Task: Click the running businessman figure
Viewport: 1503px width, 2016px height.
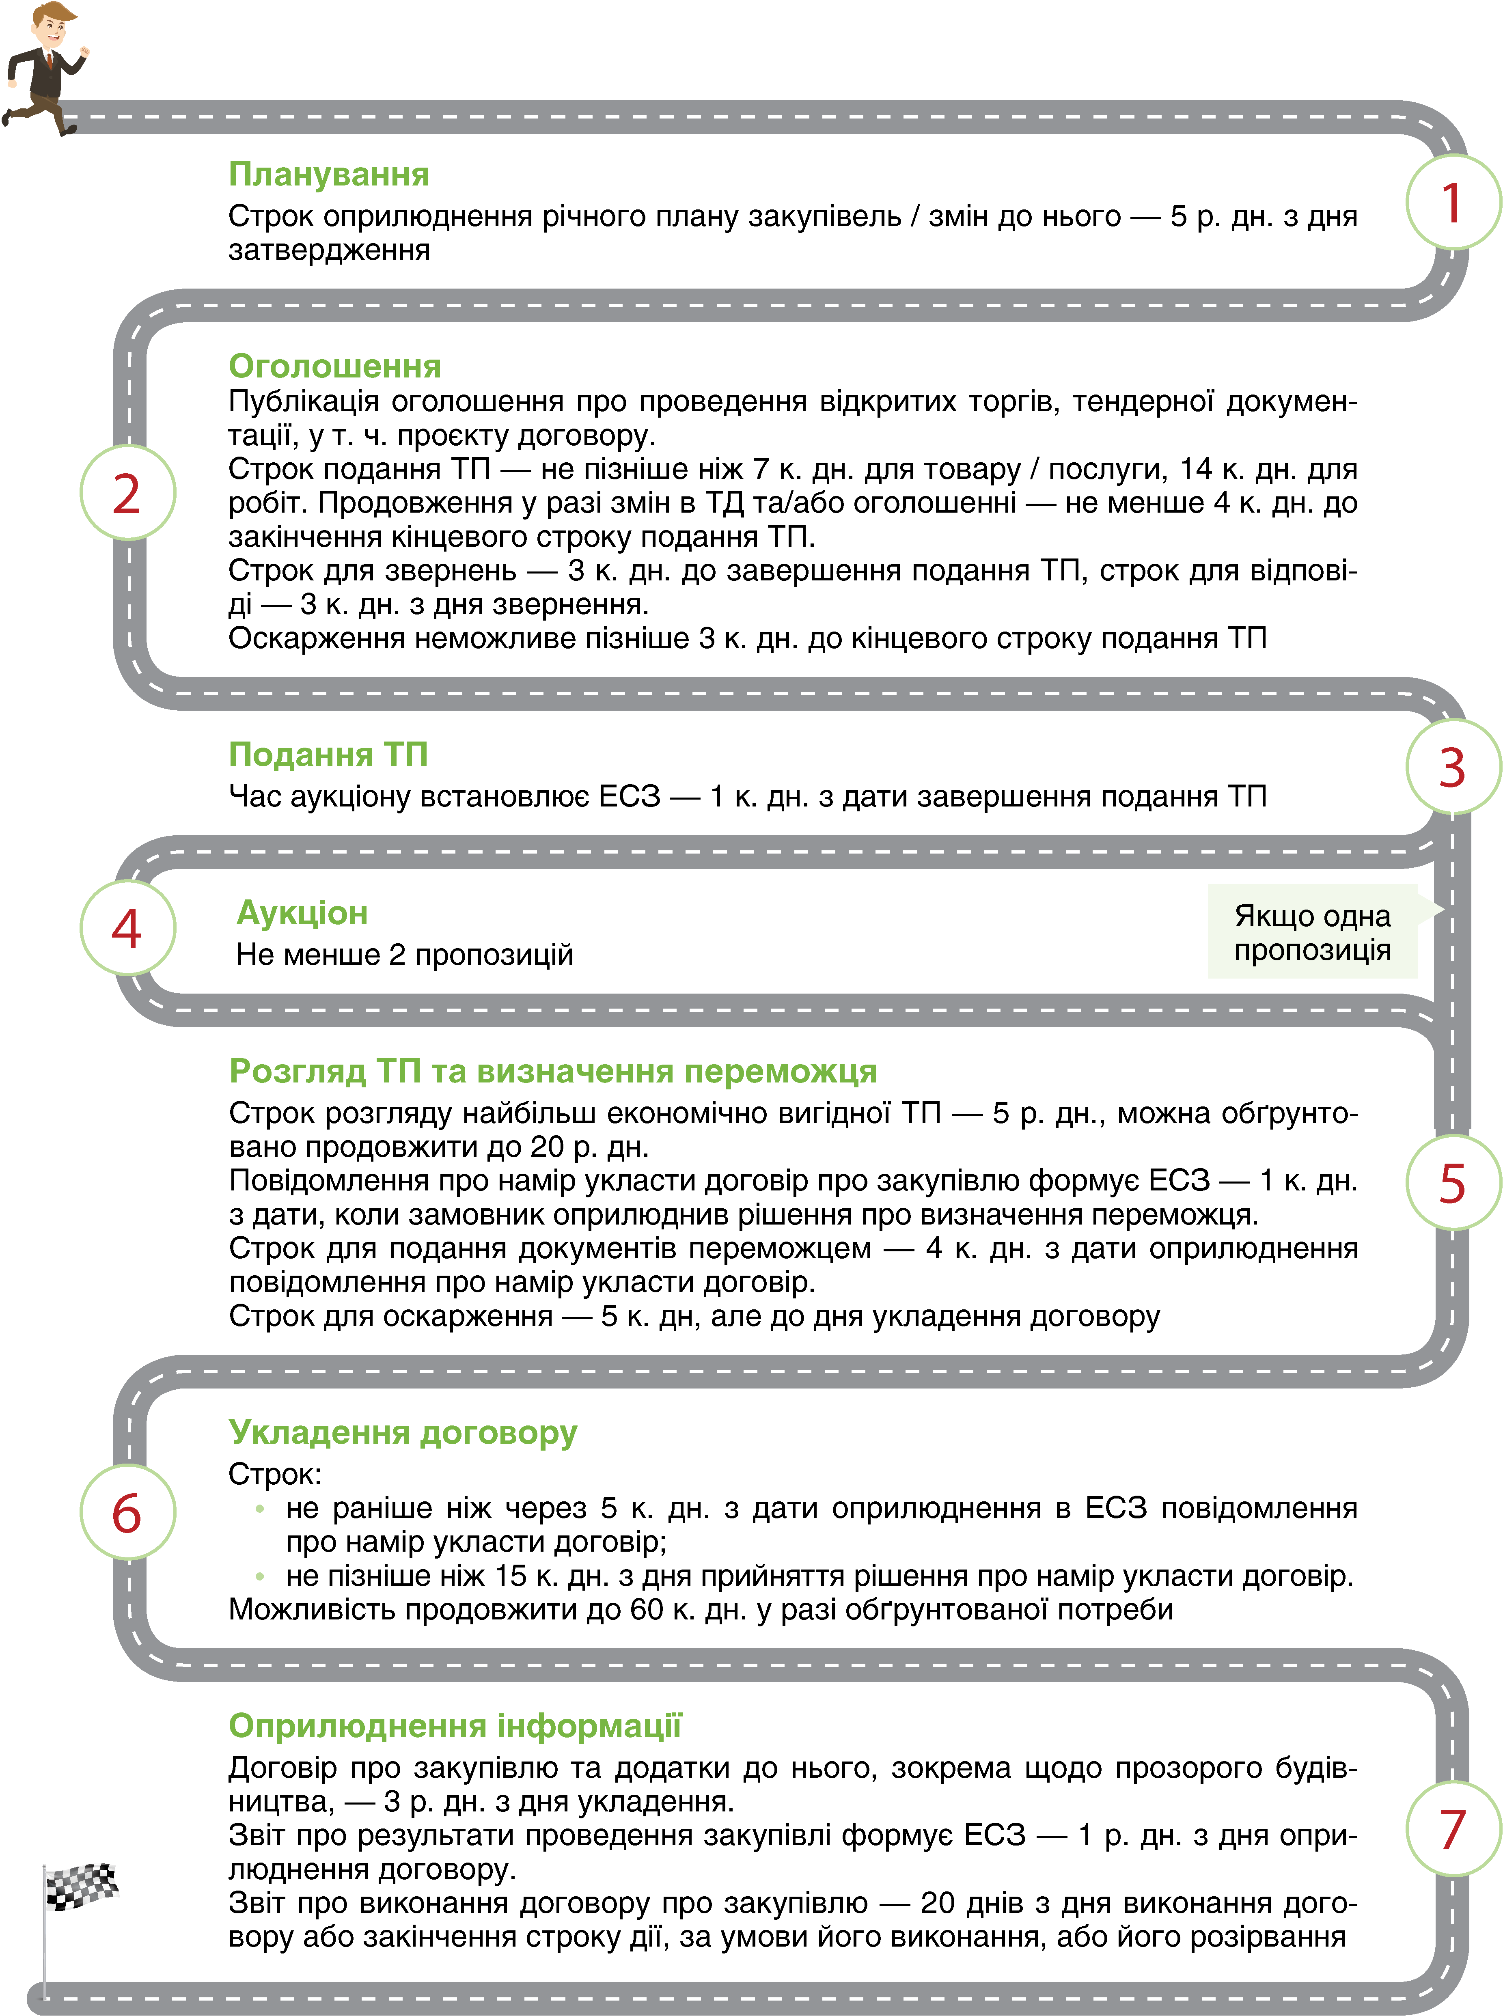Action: coord(45,68)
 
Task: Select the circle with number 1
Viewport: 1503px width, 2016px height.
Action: coord(1452,202)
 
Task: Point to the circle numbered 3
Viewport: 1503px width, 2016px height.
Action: coord(1452,767)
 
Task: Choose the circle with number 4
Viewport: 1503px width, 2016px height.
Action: coord(127,928)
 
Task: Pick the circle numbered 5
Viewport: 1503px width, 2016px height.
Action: coord(1452,1183)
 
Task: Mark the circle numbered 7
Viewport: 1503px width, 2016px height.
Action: coord(1452,1828)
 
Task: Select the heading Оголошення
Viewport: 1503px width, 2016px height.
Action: coord(335,366)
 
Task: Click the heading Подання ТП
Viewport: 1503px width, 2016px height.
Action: coord(328,754)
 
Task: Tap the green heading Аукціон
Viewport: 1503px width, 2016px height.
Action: coord(302,912)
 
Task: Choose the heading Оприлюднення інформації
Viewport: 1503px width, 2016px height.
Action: coord(455,1725)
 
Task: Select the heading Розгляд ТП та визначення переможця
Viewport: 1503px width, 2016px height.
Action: coord(552,1071)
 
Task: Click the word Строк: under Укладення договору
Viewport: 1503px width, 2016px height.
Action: coord(275,1474)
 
